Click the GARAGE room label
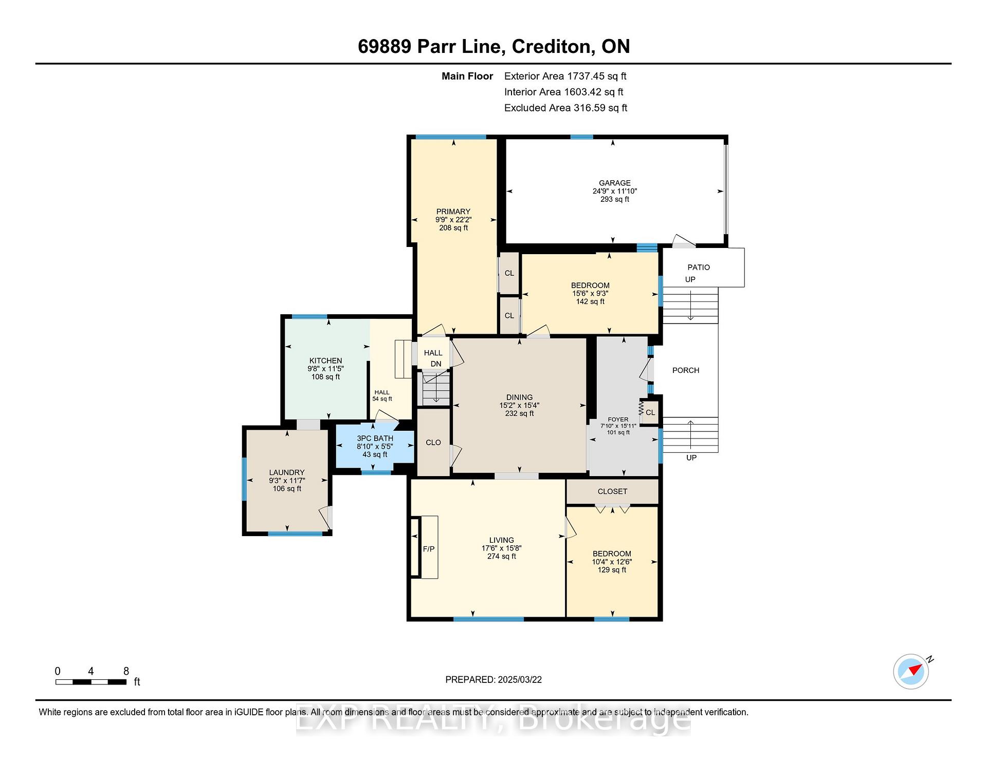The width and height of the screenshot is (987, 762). pos(614,183)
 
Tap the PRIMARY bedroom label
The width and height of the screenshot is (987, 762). pos(453,212)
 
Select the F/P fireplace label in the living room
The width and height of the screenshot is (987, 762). pos(428,549)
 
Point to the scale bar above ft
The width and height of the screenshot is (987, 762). pos(91,682)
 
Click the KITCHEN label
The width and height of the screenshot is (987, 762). pos(325,360)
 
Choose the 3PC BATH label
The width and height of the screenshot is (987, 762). pos(375,439)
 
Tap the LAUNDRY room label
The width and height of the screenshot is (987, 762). pos(287,472)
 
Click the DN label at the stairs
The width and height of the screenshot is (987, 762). pos(436,364)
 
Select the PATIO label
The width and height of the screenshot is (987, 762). pos(699,267)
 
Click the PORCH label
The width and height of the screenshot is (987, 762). pos(686,370)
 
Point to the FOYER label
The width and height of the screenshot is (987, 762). pos(618,420)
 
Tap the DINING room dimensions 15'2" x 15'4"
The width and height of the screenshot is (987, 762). pos(519,405)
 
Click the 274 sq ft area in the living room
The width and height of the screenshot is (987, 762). pos(501,556)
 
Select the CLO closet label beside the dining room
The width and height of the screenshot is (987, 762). pos(433,443)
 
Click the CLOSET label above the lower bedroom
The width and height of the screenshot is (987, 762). pos(612,491)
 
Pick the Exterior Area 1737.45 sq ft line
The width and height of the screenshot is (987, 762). pos(565,77)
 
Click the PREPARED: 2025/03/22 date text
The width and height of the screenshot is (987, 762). pos(493,680)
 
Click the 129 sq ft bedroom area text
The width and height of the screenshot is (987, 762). pos(612,570)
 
